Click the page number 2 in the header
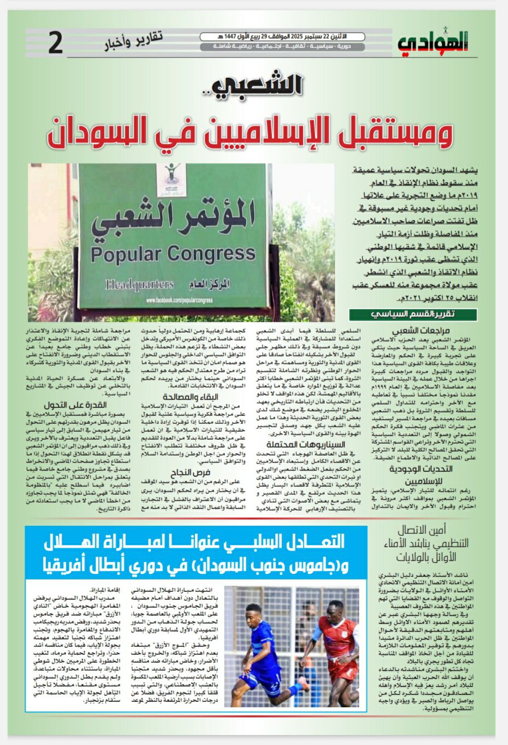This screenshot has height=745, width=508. (56, 44)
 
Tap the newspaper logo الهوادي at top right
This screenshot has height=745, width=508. (432, 43)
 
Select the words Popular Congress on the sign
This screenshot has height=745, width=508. (173, 254)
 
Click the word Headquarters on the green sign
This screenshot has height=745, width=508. (139, 285)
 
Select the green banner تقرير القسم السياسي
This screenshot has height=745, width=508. (413, 315)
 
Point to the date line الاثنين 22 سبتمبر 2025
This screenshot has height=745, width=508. (282, 37)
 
